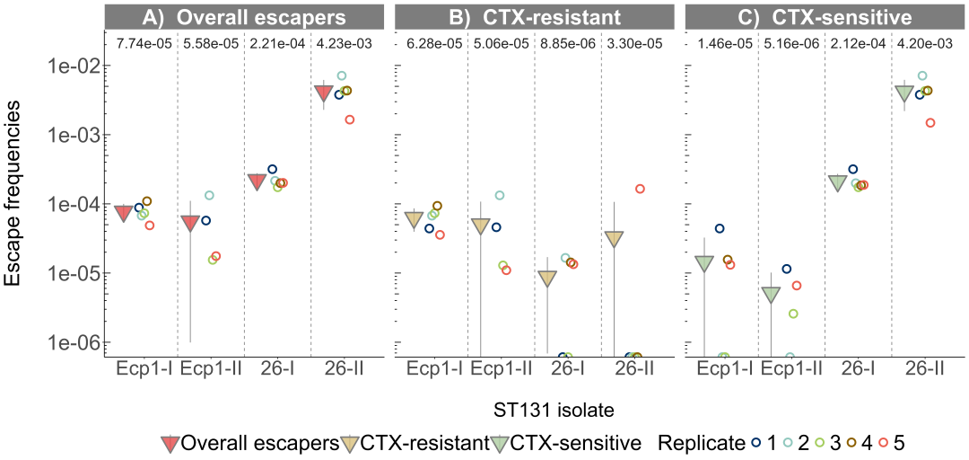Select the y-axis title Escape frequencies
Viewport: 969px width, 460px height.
pyautogui.click(x=15, y=193)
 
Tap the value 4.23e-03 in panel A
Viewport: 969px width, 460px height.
pyautogui.click(x=344, y=44)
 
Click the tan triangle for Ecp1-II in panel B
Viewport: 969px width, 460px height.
pyautogui.click(x=481, y=225)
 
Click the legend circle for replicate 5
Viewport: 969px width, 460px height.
pyautogui.click(x=883, y=442)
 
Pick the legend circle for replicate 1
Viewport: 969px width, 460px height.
pyautogui.click(x=757, y=442)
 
